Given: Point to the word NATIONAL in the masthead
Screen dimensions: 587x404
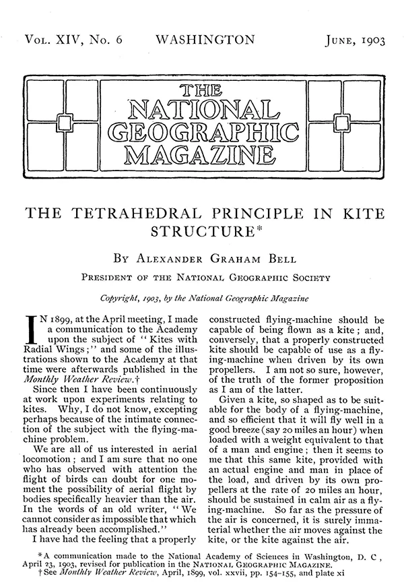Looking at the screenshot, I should [203, 108].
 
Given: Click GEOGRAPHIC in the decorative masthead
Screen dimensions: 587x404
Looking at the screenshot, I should [203, 130].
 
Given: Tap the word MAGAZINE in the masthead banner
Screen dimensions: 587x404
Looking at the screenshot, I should [203, 154].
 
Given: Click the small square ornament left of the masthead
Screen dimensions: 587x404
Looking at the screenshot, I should [65, 122].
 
